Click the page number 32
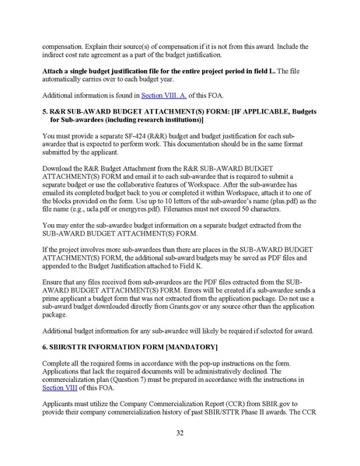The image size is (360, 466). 180,432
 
